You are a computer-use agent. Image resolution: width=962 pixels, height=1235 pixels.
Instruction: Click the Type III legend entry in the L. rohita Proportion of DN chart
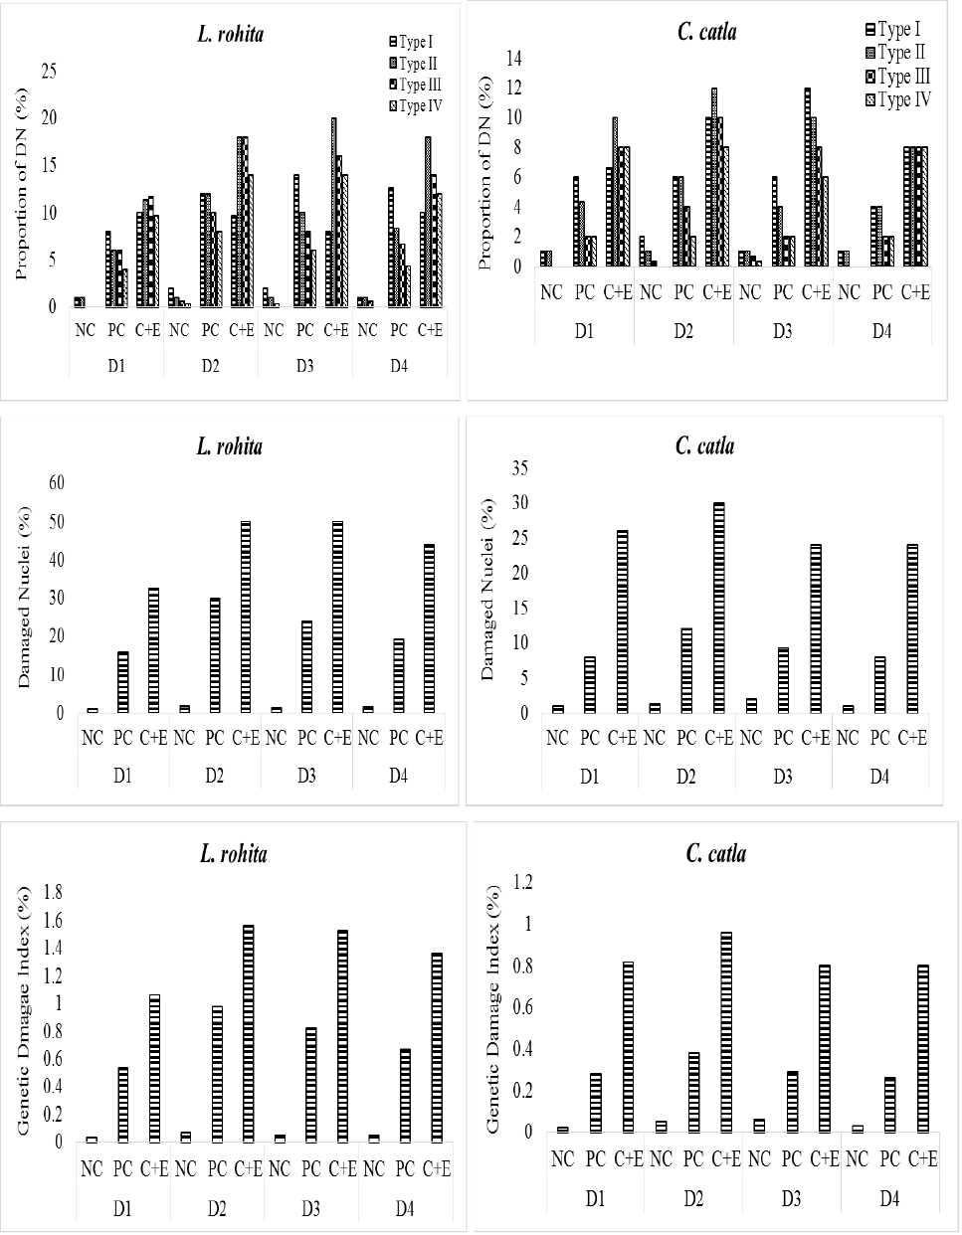(x=415, y=85)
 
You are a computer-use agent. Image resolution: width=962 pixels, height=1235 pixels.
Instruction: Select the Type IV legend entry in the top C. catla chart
(x=898, y=100)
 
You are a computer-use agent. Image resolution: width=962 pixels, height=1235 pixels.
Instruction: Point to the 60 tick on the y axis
(x=57, y=483)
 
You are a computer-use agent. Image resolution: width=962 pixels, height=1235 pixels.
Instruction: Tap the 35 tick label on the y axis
(x=520, y=467)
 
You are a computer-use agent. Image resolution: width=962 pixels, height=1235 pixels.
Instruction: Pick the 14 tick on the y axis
(x=513, y=58)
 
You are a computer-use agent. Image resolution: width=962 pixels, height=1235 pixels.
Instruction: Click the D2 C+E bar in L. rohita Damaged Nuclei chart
(x=246, y=617)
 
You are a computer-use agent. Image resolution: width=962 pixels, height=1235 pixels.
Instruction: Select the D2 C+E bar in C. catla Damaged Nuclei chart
(x=718, y=608)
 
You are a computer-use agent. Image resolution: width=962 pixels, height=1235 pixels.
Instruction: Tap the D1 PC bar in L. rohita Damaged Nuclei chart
(x=122, y=682)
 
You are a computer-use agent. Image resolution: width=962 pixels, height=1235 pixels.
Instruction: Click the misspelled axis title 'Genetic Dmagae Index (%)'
(x=23, y=1010)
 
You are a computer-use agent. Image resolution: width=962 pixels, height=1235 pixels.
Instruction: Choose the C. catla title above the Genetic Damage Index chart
(x=716, y=853)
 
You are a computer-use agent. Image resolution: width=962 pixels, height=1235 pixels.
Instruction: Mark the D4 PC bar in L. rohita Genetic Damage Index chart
(x=405, y=1095)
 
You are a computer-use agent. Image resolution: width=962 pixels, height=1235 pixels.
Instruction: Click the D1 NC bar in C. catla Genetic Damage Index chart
(x=562, y=1130)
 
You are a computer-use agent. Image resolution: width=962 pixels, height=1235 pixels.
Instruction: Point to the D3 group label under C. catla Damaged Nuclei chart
(x=783, y=776)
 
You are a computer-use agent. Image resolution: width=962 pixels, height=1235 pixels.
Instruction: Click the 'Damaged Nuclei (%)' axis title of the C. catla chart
(x=487, y=590)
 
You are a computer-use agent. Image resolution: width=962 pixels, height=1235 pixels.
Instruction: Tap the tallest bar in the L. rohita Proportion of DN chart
(x=333, y=213)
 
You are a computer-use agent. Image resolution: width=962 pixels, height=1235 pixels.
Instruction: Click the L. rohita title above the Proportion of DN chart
(x=231, y=34)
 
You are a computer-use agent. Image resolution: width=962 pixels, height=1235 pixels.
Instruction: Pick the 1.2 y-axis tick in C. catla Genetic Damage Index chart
(x=523, y=881)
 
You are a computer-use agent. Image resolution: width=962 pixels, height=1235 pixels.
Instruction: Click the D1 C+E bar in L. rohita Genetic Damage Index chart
(x=154, y=1068)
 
